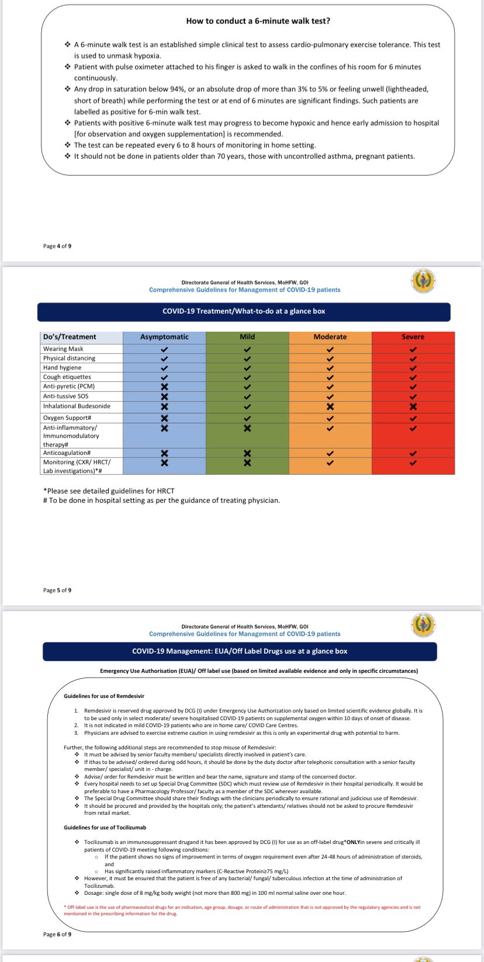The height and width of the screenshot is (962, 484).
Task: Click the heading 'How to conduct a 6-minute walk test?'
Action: click(258, 21)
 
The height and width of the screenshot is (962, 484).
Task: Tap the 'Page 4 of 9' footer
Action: click(57, 246)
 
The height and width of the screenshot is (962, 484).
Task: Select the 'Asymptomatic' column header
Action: click(164, 337)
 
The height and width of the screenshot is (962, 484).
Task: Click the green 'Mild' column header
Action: click(247, 337)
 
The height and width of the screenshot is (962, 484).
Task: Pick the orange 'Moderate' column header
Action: click(330, 337)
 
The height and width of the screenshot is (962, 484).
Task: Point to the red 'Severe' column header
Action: click(413, 337)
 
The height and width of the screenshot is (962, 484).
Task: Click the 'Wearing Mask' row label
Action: click(63, 349)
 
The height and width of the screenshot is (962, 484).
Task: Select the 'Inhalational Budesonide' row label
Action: click(77, 406)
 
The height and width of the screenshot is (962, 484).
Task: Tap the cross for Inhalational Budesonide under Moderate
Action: click(330, 407)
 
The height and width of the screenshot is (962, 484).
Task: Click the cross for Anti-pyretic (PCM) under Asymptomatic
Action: click(164, 387)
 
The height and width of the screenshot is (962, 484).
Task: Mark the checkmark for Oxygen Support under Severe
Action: click(413, 418)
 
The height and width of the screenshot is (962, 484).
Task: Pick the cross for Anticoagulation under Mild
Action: click(247, 453)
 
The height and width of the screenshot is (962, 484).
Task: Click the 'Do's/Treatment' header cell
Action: click(70, 337)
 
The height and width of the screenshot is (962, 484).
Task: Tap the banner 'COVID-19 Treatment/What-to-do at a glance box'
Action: click(244, 311)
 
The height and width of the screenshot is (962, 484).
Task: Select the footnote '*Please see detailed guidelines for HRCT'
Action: click(109, 491)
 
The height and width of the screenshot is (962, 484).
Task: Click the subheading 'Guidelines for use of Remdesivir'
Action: click(104, 696)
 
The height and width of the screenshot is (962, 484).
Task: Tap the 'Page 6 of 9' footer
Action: click(57, 934)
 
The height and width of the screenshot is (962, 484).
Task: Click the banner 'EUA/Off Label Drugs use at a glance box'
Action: click(240, 651)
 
